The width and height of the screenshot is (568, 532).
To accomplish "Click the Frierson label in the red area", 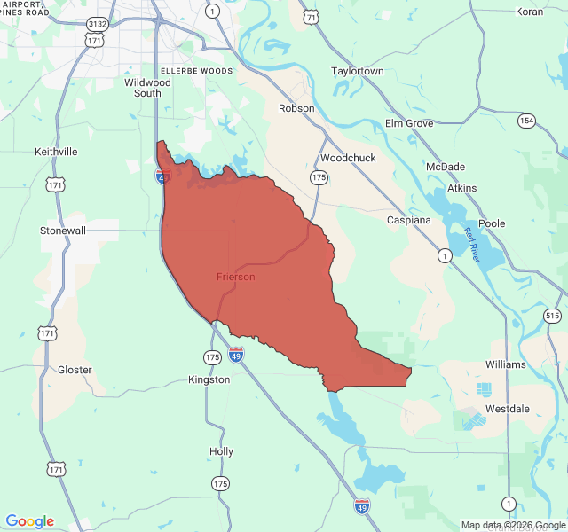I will click(x=235, y=277).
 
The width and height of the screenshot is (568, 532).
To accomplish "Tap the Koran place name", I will click(x=529, y=12).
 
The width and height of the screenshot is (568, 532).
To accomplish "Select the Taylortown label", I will click(x=358, y=71).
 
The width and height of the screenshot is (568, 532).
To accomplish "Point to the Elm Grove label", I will click(x=409, y=123).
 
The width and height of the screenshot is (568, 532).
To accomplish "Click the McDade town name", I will click(x=446, y=167).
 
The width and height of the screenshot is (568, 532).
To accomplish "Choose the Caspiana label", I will click(x=409, y=219).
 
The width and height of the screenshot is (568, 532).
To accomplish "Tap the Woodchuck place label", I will click(x=348, y=158).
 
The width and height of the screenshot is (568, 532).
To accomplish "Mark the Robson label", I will click(x=296, y=108).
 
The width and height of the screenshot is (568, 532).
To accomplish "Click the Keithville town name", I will click(x=56, y=152).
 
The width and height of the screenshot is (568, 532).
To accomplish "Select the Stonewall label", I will click(x=63, y=230).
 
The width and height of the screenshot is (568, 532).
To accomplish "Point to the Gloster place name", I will click(x=75, y=370).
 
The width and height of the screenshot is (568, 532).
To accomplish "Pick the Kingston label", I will click(x=209, y=379).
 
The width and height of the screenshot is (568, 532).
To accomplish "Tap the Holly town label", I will click(x=221, y=451).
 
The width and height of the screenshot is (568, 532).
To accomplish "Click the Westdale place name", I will click(x=508, y=410).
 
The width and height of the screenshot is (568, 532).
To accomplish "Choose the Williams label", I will click(x=506, y=364).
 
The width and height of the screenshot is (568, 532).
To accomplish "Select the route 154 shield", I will click(x=527, y=121).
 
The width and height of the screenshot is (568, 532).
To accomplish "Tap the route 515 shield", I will click(x=553, y=316).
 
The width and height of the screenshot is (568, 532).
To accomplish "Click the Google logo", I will click(x=29, y=521).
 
